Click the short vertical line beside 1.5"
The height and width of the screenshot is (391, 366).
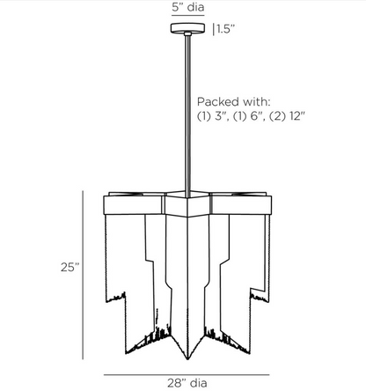tap(214, 29)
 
